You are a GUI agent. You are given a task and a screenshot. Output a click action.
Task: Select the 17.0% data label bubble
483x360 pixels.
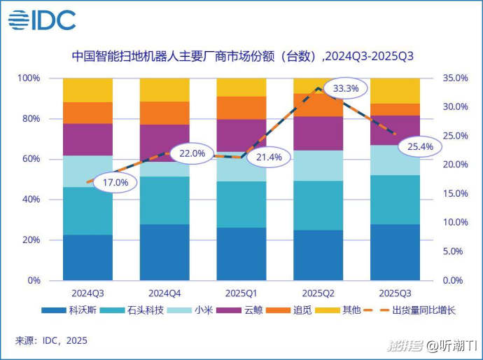115,183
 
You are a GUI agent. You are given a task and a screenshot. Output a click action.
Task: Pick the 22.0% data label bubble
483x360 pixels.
192,153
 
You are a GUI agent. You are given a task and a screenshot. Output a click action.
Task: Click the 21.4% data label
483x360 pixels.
269,157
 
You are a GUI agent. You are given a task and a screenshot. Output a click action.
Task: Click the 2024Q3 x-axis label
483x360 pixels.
87,292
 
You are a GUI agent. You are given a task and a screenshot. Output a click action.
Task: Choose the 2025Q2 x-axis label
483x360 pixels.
318,292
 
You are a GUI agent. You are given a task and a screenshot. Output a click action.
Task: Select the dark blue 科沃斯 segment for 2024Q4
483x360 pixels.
164,252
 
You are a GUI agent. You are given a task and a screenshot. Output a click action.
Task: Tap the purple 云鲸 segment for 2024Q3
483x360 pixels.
87,139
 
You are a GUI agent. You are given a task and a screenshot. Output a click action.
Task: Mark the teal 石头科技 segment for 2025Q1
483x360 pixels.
241,205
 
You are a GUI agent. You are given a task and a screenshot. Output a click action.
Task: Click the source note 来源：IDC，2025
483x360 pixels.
51,341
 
